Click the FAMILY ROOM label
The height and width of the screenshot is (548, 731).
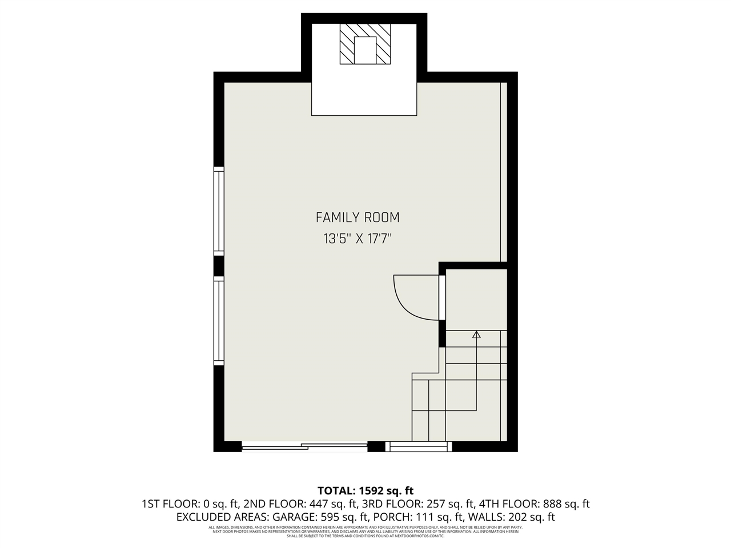coord(358,217)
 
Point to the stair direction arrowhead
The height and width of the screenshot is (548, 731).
coord(476,335)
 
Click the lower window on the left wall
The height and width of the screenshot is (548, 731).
coord(218,320)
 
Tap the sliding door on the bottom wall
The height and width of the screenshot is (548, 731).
coord(304,446)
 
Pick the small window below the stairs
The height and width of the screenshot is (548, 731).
coord(418,446)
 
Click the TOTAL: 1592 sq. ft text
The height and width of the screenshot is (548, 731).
coord(365,490)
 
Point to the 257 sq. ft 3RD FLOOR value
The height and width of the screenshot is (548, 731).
coord(447,504)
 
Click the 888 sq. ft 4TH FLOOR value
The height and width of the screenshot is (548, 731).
coord(562,504)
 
